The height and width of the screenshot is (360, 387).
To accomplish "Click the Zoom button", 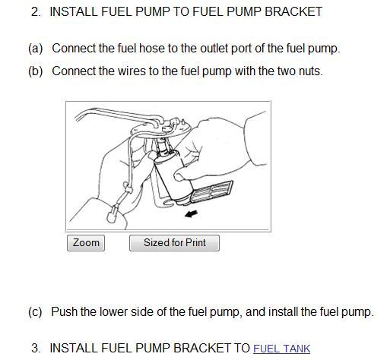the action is coord(86,243).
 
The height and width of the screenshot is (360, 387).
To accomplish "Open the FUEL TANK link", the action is coord(281,349).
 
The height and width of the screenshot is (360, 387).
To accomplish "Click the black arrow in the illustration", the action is coord(191,214).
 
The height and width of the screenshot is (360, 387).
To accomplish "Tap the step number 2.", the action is coord(36,12).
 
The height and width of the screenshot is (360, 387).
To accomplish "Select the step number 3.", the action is coord(36,348).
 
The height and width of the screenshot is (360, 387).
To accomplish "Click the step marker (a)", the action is coord(36,49).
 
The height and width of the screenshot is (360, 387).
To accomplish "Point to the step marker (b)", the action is coord(36,71).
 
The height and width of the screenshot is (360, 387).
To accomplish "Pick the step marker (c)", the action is coord(35,311).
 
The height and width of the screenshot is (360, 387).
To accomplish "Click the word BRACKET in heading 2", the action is coord(293,12).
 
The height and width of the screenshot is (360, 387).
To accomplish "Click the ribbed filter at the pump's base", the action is coord(212,191).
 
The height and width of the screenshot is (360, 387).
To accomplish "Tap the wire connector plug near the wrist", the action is coord(112,215).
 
